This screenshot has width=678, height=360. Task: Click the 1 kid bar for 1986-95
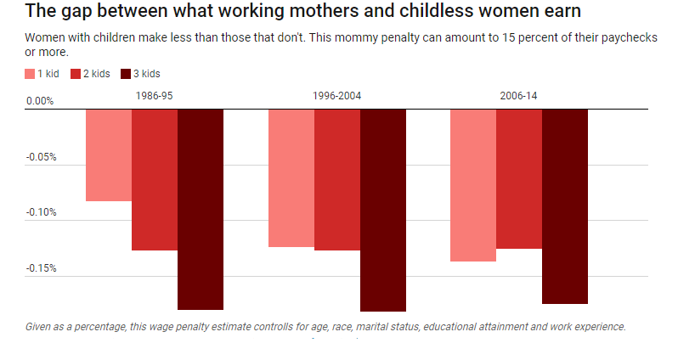click(x=109, y=155)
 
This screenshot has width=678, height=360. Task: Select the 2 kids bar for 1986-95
click(x=155, y=179)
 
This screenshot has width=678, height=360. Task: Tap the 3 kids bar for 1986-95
click(x=201, y=209)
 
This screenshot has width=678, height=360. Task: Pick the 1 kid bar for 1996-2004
click(x=291, y=178)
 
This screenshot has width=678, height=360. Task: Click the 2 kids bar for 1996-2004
click(x=337, y=179)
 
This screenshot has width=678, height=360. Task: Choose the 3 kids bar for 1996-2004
click(x=383, y=210)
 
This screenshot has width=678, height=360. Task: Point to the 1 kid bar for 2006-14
click(x=473, y=185)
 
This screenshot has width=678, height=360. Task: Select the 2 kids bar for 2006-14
click(x=519, y=178)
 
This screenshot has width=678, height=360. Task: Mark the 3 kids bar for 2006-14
click(x=565, y=206)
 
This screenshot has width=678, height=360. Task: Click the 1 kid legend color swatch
click(x=31, y=74)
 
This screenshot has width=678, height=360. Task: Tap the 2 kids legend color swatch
click(x=76, y=74)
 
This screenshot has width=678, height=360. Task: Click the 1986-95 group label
click(x=155, y=96)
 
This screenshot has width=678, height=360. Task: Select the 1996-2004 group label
click(x=337, y=96)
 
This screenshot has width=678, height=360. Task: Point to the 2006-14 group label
click(x=519, y=96)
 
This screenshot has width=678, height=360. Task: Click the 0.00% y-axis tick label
click(x=40, y=101)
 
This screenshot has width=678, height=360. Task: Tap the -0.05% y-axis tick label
click(x=41, y=157)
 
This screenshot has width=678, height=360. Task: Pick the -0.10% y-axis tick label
click(x=41, y=212)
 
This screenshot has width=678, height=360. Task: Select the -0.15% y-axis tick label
click(x=41, y=268)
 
